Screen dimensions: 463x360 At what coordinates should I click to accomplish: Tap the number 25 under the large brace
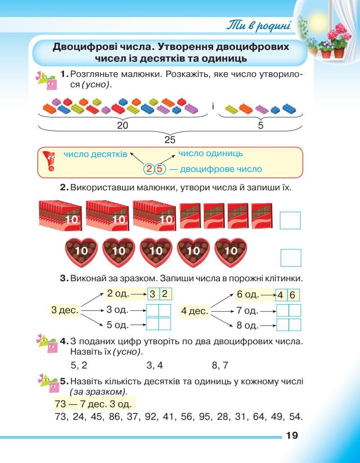169,140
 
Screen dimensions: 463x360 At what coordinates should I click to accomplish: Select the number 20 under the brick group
122,126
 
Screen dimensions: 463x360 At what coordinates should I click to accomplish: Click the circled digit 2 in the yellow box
149,169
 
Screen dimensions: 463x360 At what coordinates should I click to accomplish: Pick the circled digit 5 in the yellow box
160,169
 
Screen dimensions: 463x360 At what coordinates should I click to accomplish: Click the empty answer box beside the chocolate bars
290,220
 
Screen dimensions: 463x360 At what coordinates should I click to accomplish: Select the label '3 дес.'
65,310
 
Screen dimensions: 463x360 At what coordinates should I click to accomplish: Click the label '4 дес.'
194,310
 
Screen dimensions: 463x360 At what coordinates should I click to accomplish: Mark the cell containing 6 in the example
293,296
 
